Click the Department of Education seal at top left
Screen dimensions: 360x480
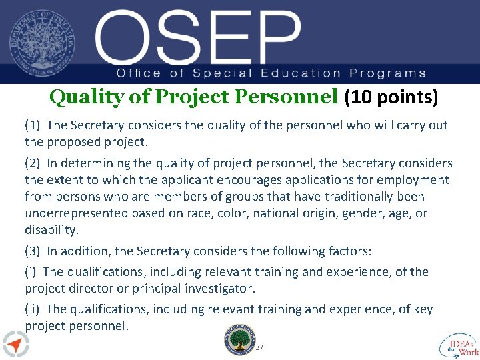pos(42,42)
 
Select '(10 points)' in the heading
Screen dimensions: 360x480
pos(391,98)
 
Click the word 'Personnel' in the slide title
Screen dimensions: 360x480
pos(287,98)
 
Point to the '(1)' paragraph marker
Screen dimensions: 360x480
pos(33,125)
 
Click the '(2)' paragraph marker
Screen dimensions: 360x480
pos(33,163)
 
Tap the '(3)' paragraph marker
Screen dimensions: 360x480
pos(33,251)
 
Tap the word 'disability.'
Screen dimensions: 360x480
pos(51,230)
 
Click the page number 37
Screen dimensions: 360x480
pos(260,347)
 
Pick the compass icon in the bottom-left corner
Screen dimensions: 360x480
pos(15,344)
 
